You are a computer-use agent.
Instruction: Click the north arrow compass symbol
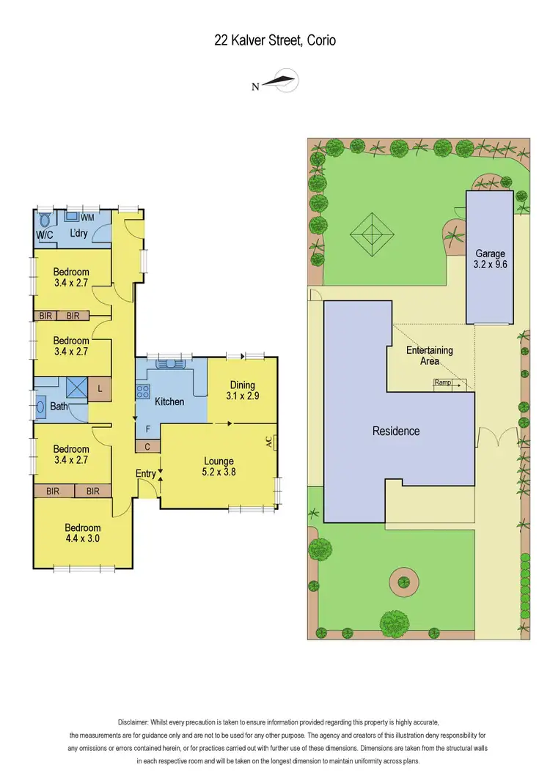pyautogui.click(x=279, y=82)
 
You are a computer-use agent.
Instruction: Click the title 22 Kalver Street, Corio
pyautogui.click(x=275, y=40)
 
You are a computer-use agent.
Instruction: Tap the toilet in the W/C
pyautogui.click(x=45, y=220)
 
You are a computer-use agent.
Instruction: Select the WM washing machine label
pyautogui.click(x=87, y=218)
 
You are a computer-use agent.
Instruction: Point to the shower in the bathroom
pyautogui.click(x=76, y=387)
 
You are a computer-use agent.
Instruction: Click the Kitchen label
pyautogui.click(x=169, y=401)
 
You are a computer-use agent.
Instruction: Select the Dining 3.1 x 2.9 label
pyautogui.click(x=242, y=390)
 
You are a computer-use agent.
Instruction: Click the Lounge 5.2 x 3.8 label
pyautogui.click(x=219, y=466)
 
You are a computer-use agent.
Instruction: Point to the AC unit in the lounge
pyautogui.click(x=270, y=442)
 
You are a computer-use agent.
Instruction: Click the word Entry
pyautogui.click(x=146, y=474)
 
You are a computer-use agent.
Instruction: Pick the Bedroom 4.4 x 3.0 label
pyautogui.click(x=82, y=533)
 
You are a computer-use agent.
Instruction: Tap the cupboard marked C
pyautogui.click(x=147, y=446)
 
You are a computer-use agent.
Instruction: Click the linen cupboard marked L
pyautogui.click(x=100, y=389)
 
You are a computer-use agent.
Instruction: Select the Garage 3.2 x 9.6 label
pyautogui.click(x=491, y=259)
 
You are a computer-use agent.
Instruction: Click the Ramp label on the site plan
pyautogui.click(x=442, y=382)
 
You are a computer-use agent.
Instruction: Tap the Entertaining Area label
pyautogui.click(x=430, y=355)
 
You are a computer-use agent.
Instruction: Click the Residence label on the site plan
pyautogui.click(x=396, y=431)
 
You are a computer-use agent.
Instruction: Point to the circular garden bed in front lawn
pyautogui.click(x=404, y=584)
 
